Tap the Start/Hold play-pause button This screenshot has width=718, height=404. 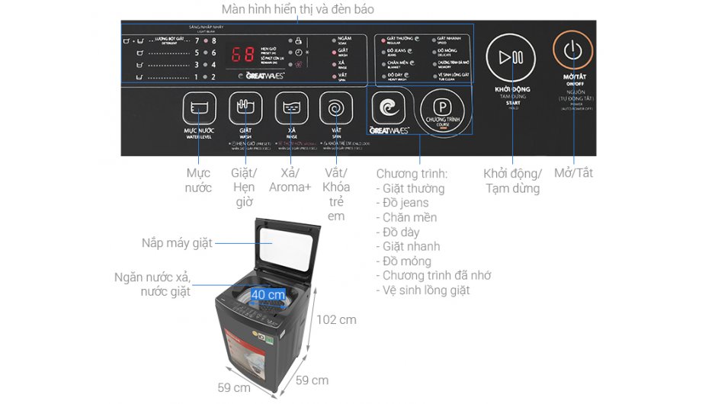tap(511, 57)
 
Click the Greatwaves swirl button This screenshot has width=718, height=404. tap(390, 109)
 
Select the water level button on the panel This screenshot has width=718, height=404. tap(198, 109)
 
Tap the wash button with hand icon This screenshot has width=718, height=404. tap(245, 108)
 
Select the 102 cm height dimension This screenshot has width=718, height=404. tap(336, 319)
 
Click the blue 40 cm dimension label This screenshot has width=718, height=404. tap(268, 294)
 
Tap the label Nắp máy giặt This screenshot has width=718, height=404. tap(176, 243)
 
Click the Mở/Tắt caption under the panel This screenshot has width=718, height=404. tap(573, 173)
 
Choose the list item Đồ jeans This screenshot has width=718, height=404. tap(405, 203)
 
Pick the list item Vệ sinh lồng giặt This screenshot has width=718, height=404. tap(426, 290)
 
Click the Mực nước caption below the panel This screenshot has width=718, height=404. tap(198, 181)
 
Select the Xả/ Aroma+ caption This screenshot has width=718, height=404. tap(290, 181)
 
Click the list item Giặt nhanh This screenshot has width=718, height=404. tap(411, 246)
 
